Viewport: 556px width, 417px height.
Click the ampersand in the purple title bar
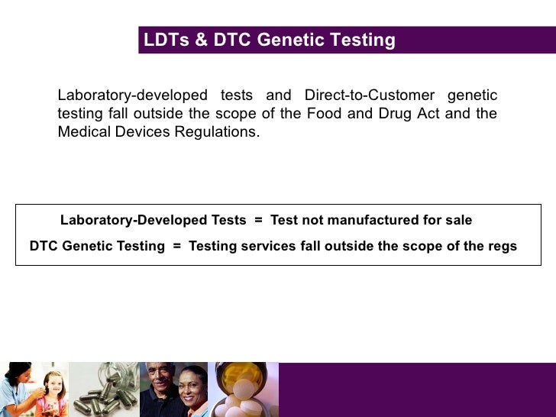[201, 40]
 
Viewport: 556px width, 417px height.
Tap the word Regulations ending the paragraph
[218, 131]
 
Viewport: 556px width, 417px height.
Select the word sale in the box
[458, 220]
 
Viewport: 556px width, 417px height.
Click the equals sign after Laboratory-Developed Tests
[258, 220]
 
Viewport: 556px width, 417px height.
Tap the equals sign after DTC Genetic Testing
[176, 246]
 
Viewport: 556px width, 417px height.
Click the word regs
[501, 246]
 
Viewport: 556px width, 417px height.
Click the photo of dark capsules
[103, 390]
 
